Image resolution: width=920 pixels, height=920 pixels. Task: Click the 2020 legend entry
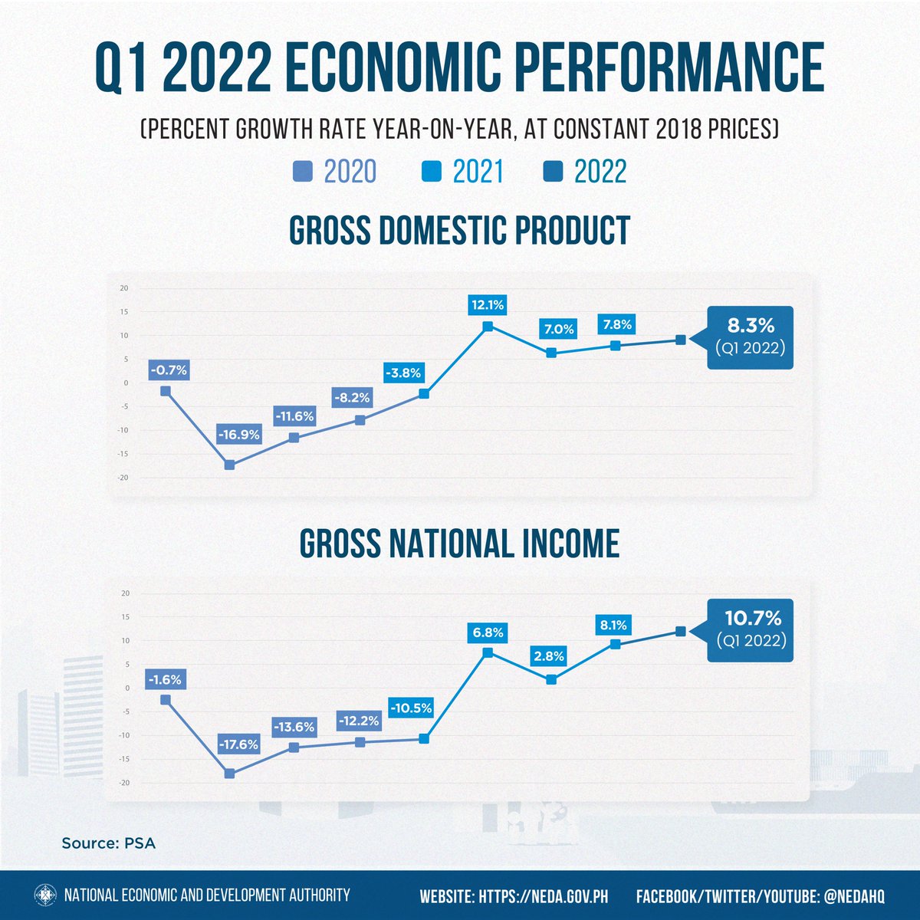click(x=335, y=172)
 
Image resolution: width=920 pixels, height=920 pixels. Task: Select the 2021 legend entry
click(x=463, y=172)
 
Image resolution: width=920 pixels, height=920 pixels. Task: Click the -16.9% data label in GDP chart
click(x=238, y=435)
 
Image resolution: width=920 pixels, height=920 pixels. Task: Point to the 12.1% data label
click(x=488, y=305)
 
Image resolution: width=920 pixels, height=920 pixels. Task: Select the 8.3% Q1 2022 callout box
click(x=750, y=337)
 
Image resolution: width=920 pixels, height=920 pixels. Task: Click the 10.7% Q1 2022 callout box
click(x=750, y=629)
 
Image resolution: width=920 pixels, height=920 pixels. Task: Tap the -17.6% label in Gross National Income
click(x=238, y=744)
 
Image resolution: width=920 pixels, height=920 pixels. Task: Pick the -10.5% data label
click(x=411, y=708)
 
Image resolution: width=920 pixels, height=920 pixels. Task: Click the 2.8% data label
click(x=549, y=656)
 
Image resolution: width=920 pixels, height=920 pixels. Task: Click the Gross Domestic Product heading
click(x=460, y=230)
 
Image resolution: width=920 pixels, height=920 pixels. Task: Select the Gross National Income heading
click(x=460, y=544)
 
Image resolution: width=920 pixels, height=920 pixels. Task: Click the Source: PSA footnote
click(x=108, y=843)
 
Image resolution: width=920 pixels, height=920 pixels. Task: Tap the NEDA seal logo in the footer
click(x=45, y=895)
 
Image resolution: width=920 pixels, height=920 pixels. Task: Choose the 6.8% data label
click(x=488, y=632)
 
